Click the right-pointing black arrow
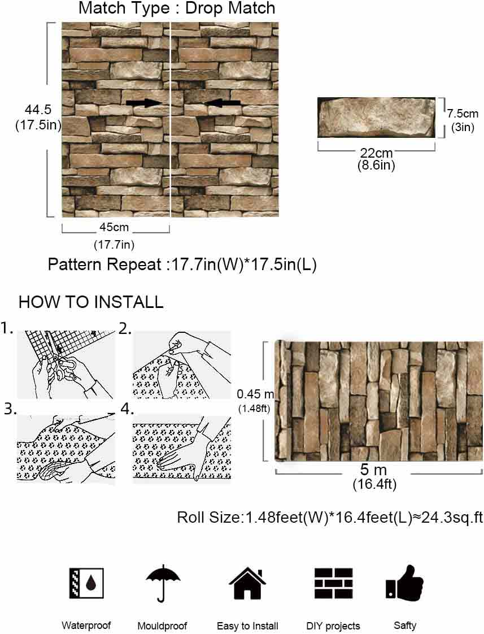(x=144, y=103)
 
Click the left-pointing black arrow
(x=222, y=103)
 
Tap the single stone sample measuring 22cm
(x=376, y=118)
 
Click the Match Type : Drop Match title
(x=177, y=8)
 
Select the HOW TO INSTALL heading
(x=91, y=302)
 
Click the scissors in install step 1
(x=64, y=367)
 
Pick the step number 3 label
(x=10, y=409)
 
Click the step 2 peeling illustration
(x=182, y=364)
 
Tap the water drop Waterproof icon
(x=86, y=583)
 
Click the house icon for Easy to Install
(x=248, y=583)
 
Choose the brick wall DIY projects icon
(x=334, y=583)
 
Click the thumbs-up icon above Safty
(x=404, y=582)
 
